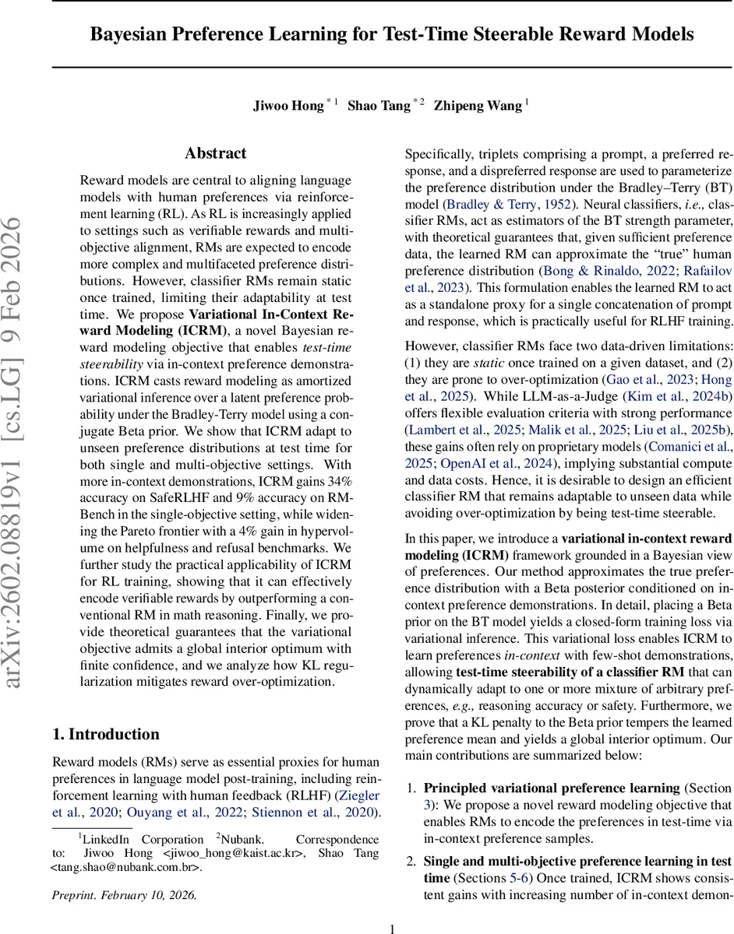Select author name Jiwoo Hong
pos(288,105)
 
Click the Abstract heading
pos(216,153)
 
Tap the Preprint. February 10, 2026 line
pos(125,895)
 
